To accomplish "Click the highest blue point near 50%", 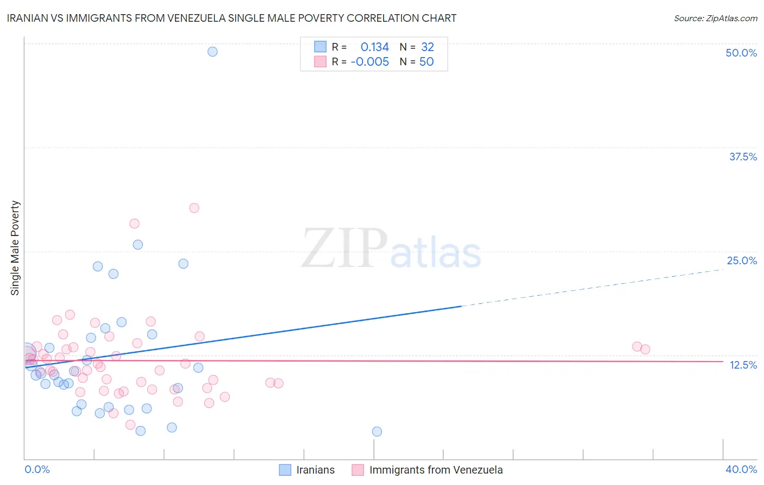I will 212,52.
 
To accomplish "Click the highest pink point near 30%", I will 194,208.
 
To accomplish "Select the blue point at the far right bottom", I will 377,432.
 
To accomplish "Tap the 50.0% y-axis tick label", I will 741,53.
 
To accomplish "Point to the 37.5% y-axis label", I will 743,157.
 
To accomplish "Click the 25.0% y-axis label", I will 742,260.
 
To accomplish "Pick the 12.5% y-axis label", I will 743,365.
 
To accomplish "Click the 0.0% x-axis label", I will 37,469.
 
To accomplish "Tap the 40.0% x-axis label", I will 741,469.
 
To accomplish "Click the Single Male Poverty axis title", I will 15,248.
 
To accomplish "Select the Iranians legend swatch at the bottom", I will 285,470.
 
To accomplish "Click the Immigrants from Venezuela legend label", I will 436,470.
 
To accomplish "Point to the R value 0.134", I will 374,47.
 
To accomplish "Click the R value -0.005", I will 370,62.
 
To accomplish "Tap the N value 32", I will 428,47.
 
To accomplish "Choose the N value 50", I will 427,62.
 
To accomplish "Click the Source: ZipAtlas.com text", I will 715,18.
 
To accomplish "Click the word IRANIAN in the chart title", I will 27,18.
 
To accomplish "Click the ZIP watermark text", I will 345,248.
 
